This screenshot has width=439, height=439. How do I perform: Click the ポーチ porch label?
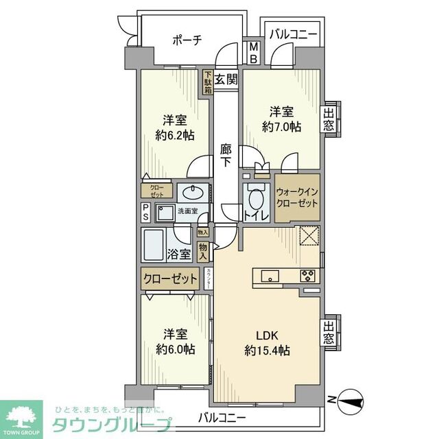tap(187, 40)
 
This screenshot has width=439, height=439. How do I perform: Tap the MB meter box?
tap(253, 53)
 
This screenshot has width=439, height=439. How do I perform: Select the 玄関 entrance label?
tap(226, 79)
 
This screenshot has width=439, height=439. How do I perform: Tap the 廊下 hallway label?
tap(226, 155)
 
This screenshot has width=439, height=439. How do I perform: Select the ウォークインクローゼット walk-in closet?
tap(297, 198)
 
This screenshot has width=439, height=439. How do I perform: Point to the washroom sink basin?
tap(192, 192)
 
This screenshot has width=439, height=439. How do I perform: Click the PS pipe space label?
tap(146, 213)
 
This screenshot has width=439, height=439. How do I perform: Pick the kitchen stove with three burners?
tap(307, 276)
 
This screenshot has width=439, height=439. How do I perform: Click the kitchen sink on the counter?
tap(270, 276)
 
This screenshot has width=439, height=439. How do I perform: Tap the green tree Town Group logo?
tap(22, 413)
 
